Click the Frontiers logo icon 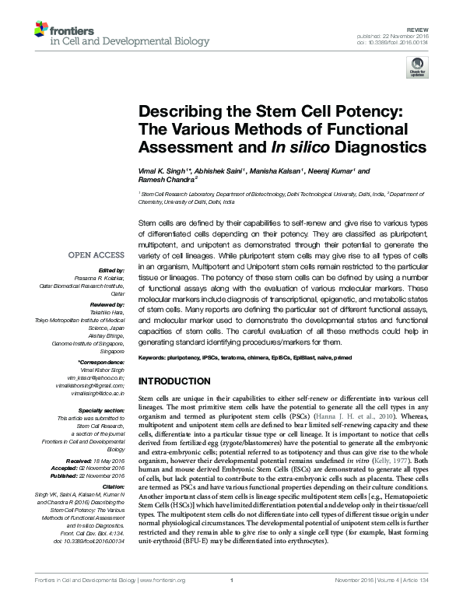pyautogui.click(x=40, y=30)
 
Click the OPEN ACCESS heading pyautogui.click(x=97, y=255)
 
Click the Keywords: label pyautogui.click(x=154, y=356)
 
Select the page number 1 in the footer pyautogui.click(x=232, y=602)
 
